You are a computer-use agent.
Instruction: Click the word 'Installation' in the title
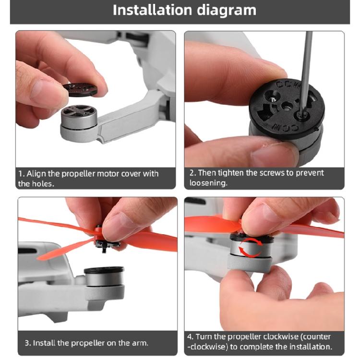click(152, 10)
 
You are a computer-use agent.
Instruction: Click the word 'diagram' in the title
click(227, 11)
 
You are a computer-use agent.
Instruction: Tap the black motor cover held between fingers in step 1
click(80, 89)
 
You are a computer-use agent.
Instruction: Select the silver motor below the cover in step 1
click(79, 117)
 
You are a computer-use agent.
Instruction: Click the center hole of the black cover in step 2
click(287, 106)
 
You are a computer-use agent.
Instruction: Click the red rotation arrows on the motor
click(250, 247)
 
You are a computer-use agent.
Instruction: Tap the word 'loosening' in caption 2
click(208, 183)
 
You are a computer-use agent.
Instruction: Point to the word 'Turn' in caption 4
click(204, 337)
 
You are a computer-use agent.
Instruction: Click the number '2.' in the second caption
click(193, 173)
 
